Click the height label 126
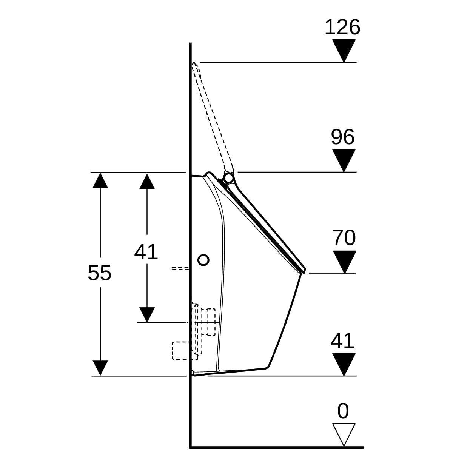(x=342, y=28)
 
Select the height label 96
(x=343, y=137)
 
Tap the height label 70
(x=344, y=238)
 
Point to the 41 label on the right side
(x=343, y=341)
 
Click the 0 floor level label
(x=343, y=411)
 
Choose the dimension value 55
(x=99, y=273)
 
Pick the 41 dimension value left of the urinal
(x=146, y=252)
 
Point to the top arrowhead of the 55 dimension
(x=100, y=180)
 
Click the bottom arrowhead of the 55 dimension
(x=100, y=368)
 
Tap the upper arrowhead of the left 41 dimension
(x=147, y=181)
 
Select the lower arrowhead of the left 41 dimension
(x=147, y=314)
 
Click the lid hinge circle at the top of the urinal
(x=228, y=177)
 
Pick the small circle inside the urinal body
(x=203, y=260)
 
